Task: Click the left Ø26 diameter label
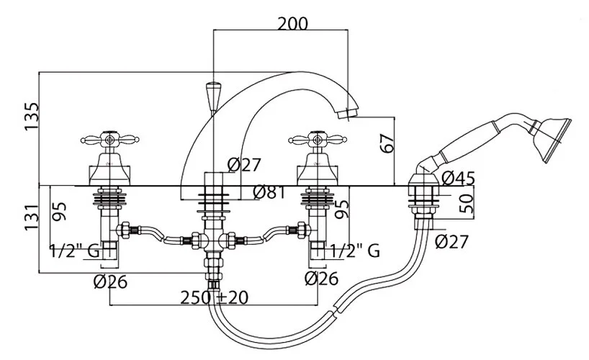pos(109,279)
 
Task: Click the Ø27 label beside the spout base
pos(243,165)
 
